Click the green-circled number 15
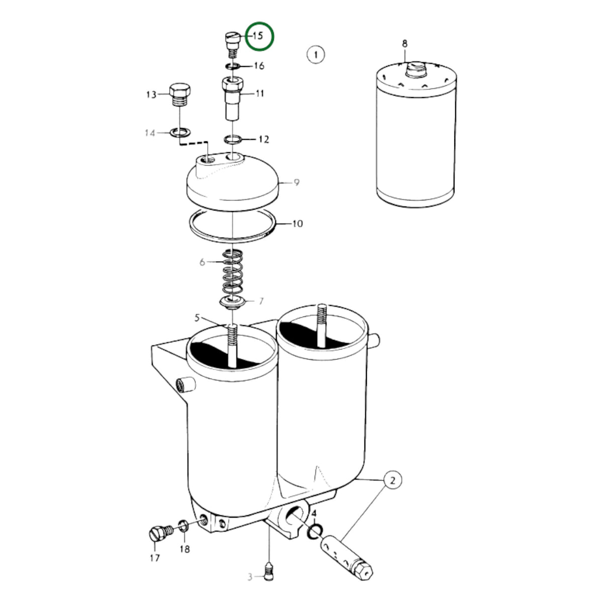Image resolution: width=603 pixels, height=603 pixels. point(258,36)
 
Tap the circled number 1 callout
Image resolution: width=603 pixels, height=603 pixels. point(316,55)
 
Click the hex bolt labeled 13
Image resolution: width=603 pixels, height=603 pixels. point(180,95)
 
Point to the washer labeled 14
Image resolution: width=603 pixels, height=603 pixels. point(180,133)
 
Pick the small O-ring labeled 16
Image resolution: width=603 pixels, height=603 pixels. point(232,66)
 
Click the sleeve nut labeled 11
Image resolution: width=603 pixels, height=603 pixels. point(233,98)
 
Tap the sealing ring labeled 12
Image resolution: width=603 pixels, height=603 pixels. point(233,139)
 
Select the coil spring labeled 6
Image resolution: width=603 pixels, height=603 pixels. point(233,271)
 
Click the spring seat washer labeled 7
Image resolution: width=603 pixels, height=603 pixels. point(232,302)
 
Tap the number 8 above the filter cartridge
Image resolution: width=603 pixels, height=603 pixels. point(405,44)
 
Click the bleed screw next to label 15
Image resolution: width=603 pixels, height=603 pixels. point(232,45)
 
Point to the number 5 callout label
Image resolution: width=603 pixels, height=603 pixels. point(197,318)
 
